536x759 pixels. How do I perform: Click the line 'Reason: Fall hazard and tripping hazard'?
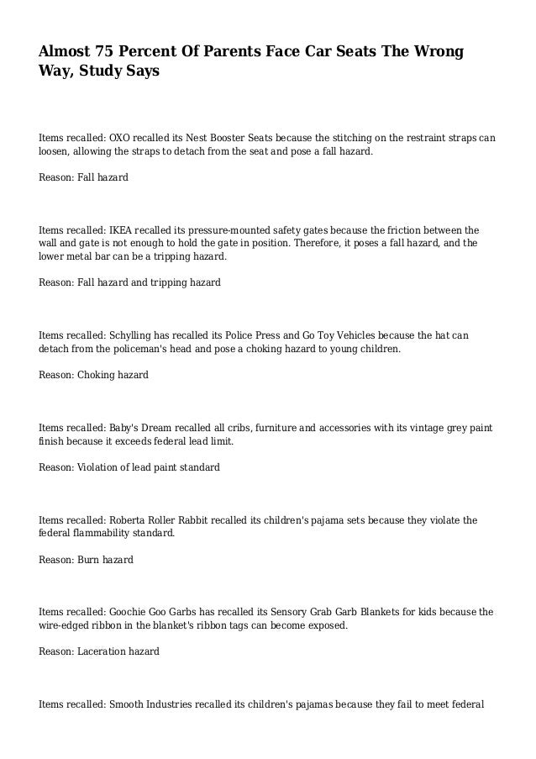click(x=130, y=283)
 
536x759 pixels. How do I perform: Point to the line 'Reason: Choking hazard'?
click(x=94, y=375)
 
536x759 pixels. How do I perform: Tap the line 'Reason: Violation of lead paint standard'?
click(x=130, y=467)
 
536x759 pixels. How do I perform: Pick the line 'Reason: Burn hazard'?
click(x=86, y=560)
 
